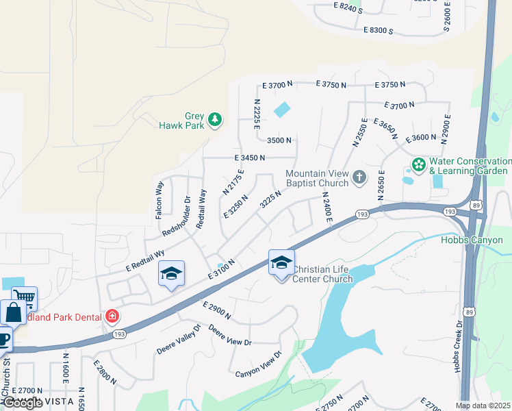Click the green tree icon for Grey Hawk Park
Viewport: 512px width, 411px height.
click(215, 121)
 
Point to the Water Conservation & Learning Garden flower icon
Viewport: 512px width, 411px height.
click(417, 165)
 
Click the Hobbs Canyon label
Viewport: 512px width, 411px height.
click(472, 240)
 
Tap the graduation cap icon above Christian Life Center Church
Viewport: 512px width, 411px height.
click(281, 262)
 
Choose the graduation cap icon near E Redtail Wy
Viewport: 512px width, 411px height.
click(171, 274)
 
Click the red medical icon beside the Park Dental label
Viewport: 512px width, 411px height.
click(112, 316)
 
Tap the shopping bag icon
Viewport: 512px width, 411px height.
click(13, 313)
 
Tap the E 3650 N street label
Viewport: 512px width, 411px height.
click(385, 128)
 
